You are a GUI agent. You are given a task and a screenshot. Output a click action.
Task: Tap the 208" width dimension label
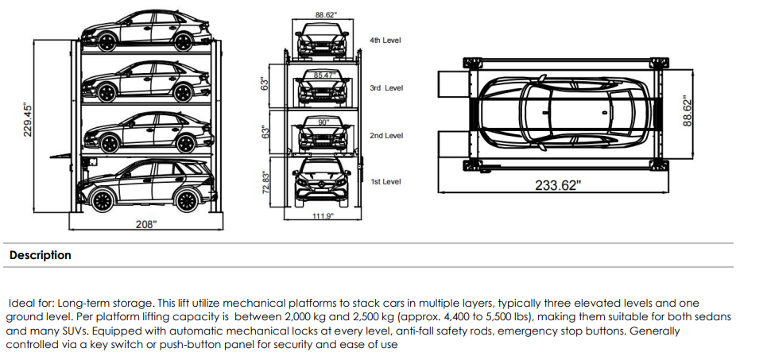[x=145, y=225]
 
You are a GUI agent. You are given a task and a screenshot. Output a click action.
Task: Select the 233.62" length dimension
[x=557, y=185]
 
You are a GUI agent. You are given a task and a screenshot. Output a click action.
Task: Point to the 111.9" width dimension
[x=323, y=217]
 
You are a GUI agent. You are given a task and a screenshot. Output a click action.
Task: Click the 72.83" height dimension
[x=267, y=183]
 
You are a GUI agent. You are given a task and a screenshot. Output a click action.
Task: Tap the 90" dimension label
[x=323, y=122]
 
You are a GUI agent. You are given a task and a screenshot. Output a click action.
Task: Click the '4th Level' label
[x=385, y=40]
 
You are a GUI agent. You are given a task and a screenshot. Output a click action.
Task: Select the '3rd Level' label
[x=386, y=87]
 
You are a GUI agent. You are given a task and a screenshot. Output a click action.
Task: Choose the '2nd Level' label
[x=386, y=136]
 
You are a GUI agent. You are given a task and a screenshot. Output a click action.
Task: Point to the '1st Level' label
[x=385, y=182]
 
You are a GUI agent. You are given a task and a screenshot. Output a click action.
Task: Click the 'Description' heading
[x=40, y=255]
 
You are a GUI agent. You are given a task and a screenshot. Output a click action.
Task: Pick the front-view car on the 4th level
[x=323, y=41]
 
